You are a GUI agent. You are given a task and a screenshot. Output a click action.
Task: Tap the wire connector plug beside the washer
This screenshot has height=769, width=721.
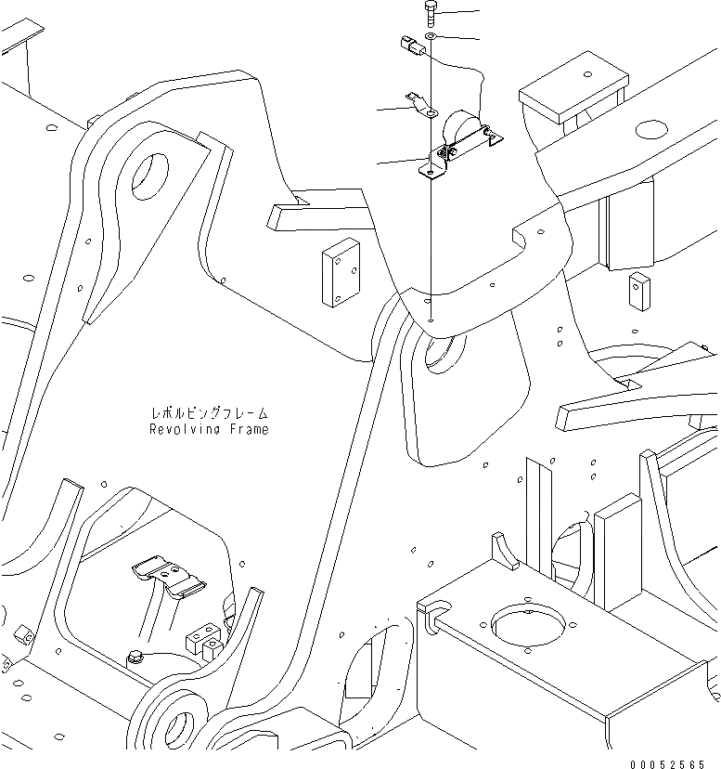point(409,45)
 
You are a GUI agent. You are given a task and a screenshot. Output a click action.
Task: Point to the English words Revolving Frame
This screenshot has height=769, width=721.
point(208,430)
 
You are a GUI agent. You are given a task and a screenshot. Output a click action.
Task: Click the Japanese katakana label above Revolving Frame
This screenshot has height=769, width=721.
point(208,414)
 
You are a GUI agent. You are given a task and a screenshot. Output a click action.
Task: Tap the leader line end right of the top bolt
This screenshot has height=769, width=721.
point(478,12)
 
